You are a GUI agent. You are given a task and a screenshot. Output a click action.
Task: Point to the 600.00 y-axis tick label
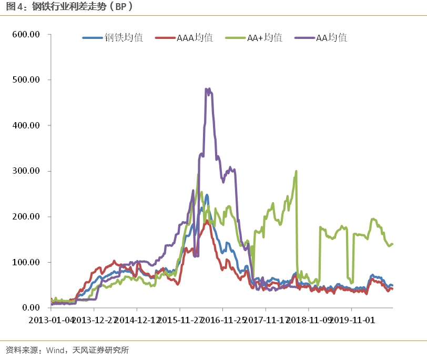pyautogui.click(x=26, y=34)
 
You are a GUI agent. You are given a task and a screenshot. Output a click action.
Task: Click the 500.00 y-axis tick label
pyautogui.click(x=26, y=80)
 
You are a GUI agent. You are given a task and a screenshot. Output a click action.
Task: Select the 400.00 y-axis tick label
pyautogui.click(x=26, y=125)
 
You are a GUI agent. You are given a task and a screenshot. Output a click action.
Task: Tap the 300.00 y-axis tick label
pyautogui.click(x=26, y=171)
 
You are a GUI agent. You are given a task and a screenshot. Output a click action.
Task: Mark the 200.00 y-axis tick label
pyautogui.click(x=26, y=216)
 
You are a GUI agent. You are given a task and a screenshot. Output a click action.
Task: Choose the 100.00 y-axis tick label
pyautogui.click(x=26, y=262)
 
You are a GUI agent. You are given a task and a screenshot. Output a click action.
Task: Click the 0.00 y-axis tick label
pyautogui.click(x=29, y=307)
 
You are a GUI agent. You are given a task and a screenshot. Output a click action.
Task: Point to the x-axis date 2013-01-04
pyautogui.click(x=51, y=319)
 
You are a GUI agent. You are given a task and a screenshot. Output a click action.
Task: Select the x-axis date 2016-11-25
pyautogui.click(x=223, y=319)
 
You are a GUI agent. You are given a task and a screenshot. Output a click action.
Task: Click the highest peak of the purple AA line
pyautogui.click(x=207, y=89)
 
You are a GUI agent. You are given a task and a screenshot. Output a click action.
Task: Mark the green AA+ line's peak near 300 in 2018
pyautogui.click(x=297, y=171)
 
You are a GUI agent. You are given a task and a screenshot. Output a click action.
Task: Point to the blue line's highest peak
pyautogui.click(x=207, y=195)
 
